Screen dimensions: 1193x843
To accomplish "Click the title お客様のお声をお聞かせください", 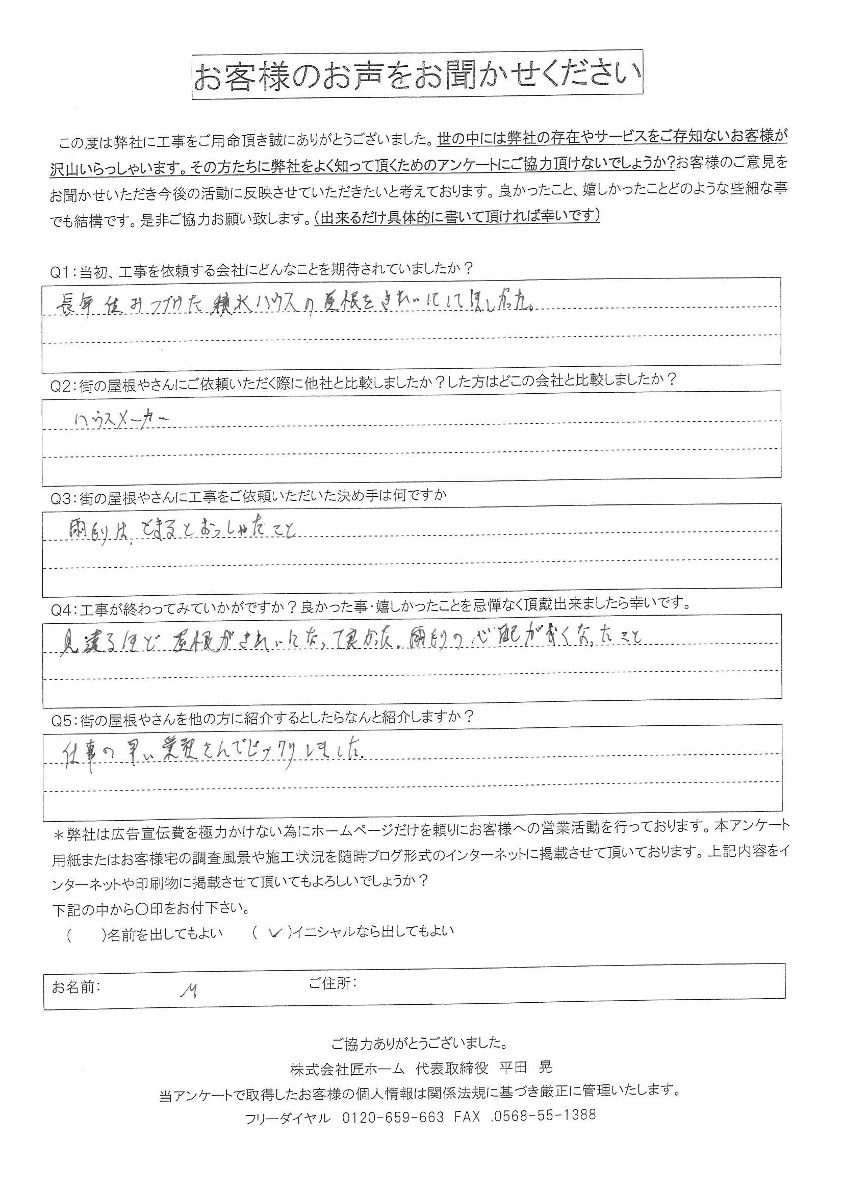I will (418, 75).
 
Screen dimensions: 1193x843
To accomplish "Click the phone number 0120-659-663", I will (393, 1115).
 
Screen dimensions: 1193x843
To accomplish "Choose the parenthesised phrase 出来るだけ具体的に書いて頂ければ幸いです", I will (457, 216).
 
